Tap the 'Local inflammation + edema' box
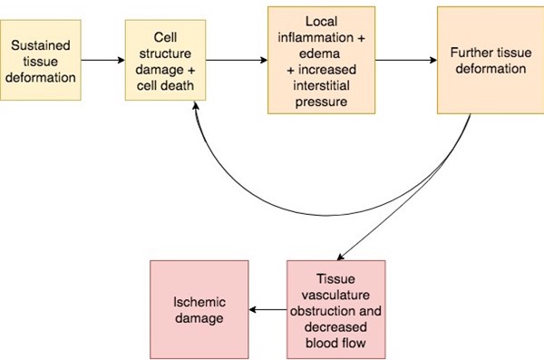321,60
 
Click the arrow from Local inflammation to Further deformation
405,61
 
